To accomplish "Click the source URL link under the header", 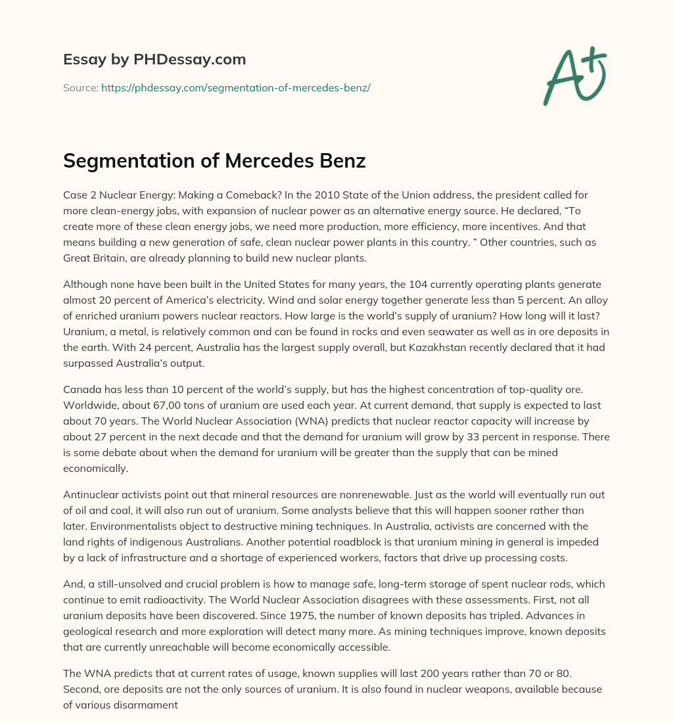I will (235, 87).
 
